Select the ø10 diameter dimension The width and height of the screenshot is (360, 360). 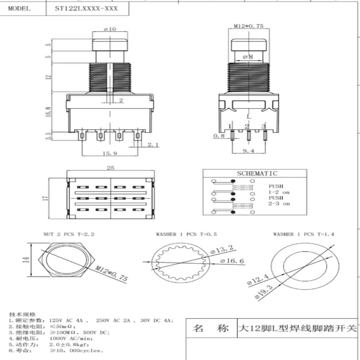110,29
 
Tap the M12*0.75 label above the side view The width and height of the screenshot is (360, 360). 248,26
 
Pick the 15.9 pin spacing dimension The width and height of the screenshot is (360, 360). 110,153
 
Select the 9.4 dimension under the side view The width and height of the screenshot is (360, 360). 248,151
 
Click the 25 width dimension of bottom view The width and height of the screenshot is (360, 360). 111,168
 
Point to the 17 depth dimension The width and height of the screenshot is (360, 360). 45,198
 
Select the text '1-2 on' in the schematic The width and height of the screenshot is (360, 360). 279,192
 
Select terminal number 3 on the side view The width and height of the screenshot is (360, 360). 264,126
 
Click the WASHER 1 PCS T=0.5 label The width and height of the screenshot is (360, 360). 186,234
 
